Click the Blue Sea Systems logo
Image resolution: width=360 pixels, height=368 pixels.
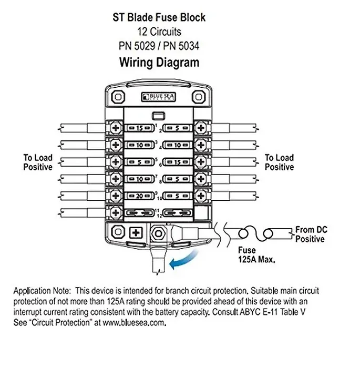click(158, 97)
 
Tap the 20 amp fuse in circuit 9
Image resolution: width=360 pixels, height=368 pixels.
click(139, 196)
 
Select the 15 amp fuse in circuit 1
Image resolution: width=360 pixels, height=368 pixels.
click(139, 128)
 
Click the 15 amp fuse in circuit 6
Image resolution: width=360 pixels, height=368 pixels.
click(178, 162)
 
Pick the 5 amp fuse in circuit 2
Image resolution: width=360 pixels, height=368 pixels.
click(178, 128)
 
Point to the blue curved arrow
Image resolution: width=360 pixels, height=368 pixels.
click(183, 260)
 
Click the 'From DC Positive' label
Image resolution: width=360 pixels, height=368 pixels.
click(311, 234)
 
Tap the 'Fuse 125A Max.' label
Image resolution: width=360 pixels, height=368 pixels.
click(256, 254)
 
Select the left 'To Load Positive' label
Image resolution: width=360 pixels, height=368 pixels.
click(38, 162)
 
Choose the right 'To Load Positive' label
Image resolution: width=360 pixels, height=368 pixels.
click(279, 162)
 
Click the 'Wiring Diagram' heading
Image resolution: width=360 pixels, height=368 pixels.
click(159, 63)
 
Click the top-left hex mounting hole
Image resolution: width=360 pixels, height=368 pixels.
click(118, 97)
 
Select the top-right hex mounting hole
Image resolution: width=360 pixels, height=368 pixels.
click(199, 97)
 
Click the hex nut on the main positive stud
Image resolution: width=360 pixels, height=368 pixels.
click(158, 233)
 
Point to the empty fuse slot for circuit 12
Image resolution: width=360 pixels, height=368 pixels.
click(178, 213)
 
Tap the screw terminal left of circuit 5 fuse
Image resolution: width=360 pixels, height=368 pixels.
click(116, 162)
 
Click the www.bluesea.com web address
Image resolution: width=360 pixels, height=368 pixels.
click(133, 322)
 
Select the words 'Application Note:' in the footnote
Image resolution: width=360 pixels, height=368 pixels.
click(42, 291)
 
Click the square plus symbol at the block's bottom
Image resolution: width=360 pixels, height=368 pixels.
click(136, 233)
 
